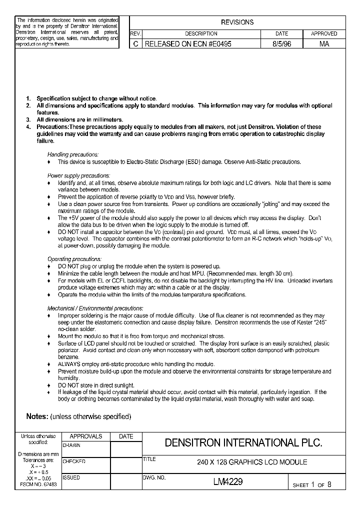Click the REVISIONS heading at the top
pos(237,22)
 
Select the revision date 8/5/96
pos(281,44)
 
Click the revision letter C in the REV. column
pos(135,44)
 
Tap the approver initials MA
pos(324,44)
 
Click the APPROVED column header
pos(324,33)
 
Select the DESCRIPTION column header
pos(201,33)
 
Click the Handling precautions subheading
pos(73,154)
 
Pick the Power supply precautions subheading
pos(78,175)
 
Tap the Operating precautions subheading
pos(74,259)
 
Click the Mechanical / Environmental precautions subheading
pos(95,308)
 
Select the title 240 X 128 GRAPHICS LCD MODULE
pos(252,462)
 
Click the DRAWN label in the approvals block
pos(71,444)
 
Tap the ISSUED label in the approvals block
pos(71,477)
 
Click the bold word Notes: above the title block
pos(37,416)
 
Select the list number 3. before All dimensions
pos(28,120)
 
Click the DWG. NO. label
pos(154,477)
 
